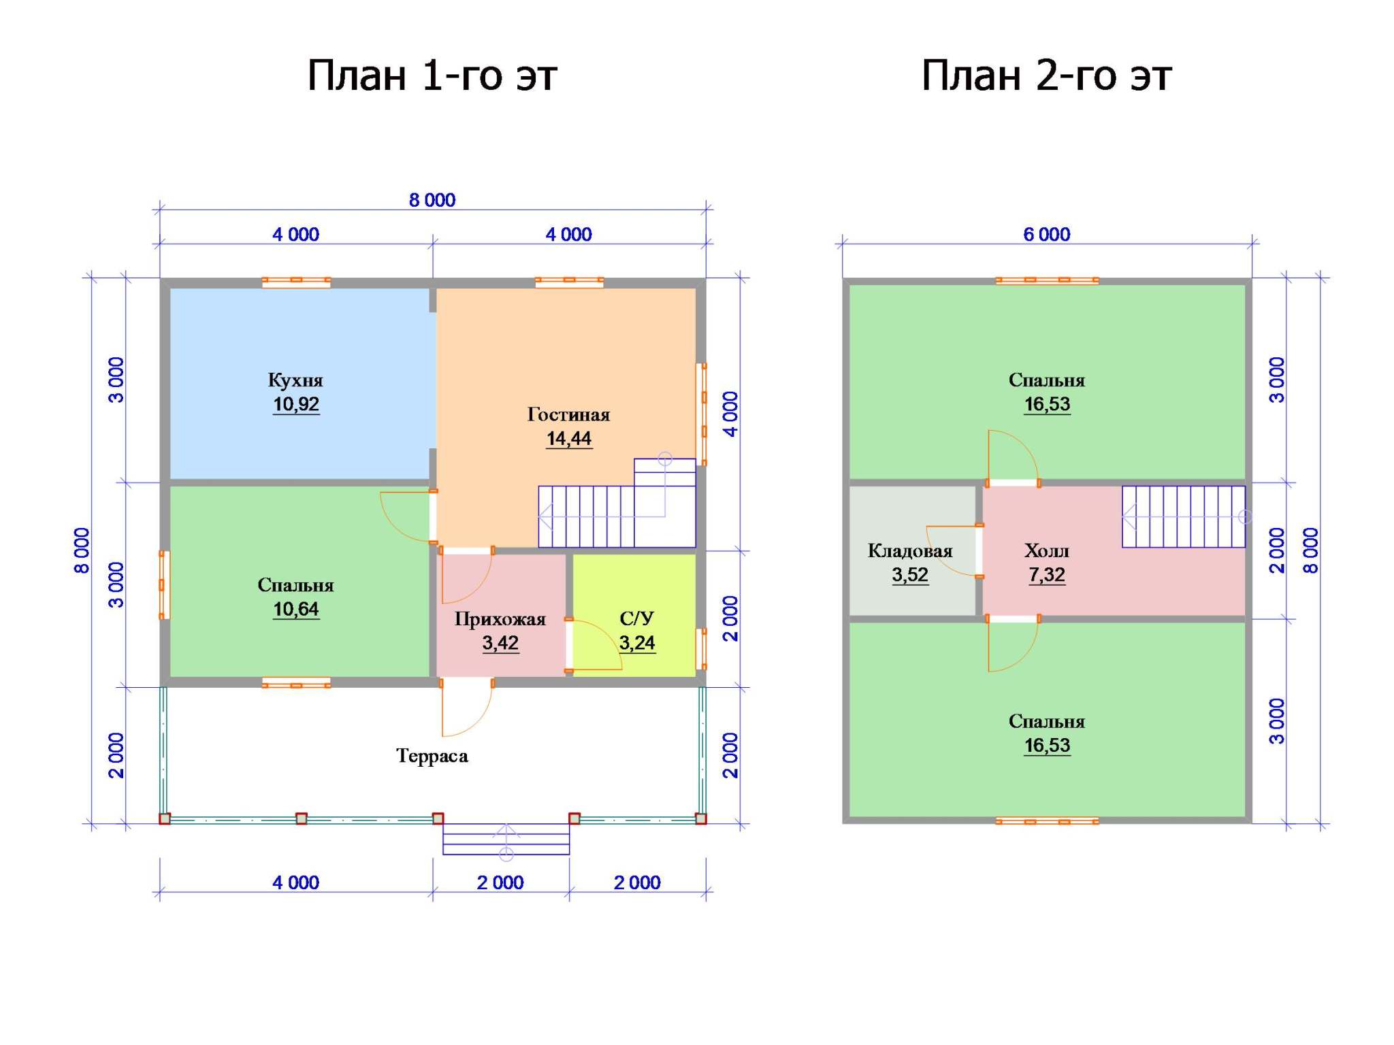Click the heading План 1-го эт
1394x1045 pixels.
pyautogui.click(x=432, y=76)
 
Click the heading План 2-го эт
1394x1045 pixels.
pyautogui.click(x=1046, y=76)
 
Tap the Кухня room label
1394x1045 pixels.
pyautogui.click(x=295, y=380)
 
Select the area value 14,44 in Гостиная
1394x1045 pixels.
pyautogui.click(x=569, y=439)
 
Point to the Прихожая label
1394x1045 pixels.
pyautogui.click(x=500, y=619)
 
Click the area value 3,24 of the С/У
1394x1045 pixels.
pyautogui.click(x=637, y=643)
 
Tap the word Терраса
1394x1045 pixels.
pyautogui.click(x=432, y=756)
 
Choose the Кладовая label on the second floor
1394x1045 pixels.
pyautogui.click(x=910, y=551)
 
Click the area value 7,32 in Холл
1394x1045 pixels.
pyautogui.click(x=1047, y=576)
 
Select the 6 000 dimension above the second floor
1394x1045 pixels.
pyautogui.click(x=1047, y=235)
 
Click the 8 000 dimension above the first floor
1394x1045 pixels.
pyautogui.click(x=432, y=200)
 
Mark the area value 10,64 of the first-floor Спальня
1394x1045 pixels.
pyautogui.click(x=295, y=610)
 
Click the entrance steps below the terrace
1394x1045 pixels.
pyautogui.click(x=506, y=839)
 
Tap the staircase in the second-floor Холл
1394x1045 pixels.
pyautogui.click(x=1184, y=516)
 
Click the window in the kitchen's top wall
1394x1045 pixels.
pyautogui.click(x=296, y=282)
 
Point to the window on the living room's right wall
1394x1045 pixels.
pyautogui.click(x=700, y=414)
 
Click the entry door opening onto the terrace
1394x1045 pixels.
pyautogui.click(x=467, y=708)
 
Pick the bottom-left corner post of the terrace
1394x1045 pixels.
pyautogui.click(x=165, y=818)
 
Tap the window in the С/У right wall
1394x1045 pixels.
pyautogui.click(x=700, y=649)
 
